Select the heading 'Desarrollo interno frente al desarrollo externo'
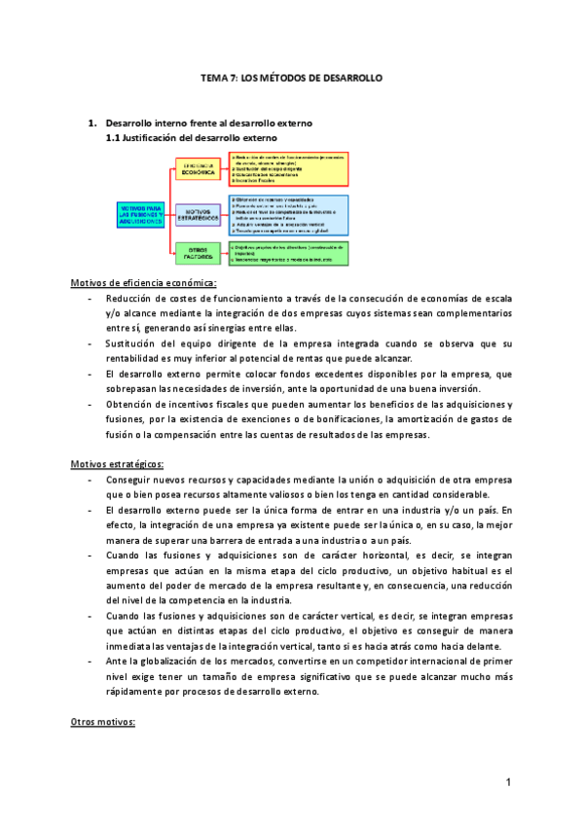(207, 124)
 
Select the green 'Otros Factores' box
(201, 252)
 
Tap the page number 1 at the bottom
(508, 782)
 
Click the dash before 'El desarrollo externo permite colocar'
(90, 374)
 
